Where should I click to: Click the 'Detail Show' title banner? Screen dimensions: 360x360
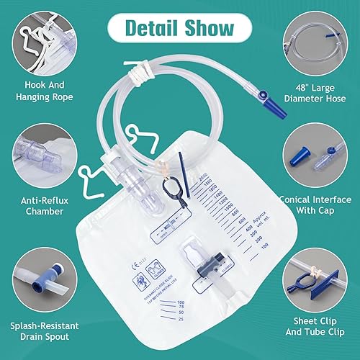[180, 29]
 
